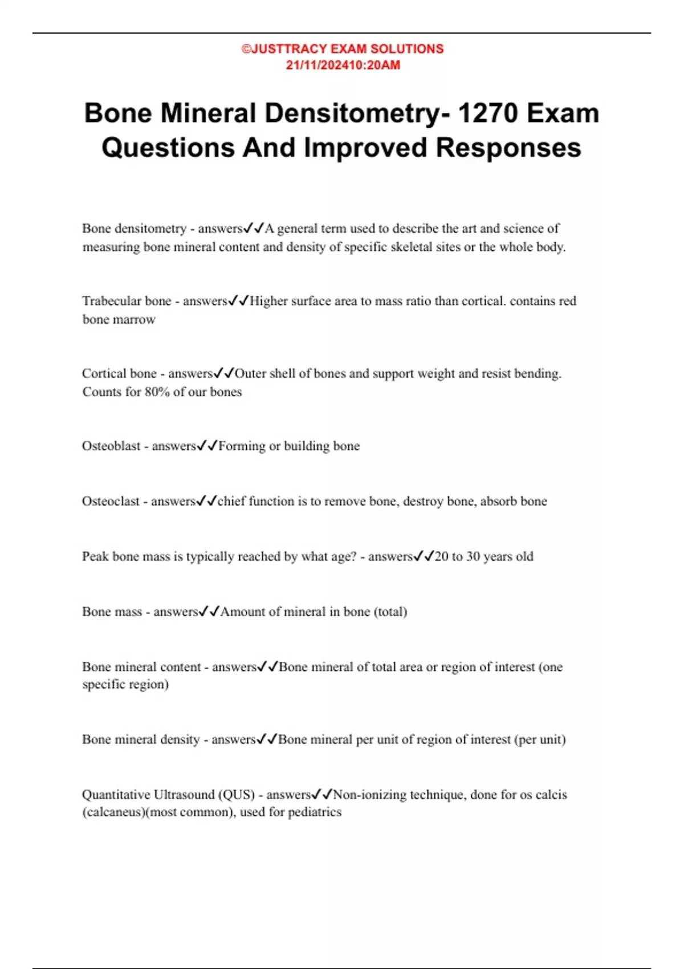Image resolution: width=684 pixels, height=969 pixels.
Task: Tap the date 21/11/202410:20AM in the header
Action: click(x=343, y=65)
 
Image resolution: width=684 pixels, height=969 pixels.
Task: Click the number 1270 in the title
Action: click(x=488, y=113)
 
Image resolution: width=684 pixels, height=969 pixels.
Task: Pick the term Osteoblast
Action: click(x=111, y=446)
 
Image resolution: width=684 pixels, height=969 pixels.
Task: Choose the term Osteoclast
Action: click(x=111, y=502)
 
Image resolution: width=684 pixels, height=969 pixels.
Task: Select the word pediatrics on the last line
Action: click(x=315, y=812)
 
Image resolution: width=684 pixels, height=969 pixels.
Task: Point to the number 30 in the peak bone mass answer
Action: click(x=474, y=557)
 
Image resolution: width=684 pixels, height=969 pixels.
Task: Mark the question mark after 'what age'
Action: click(x=353, y=557)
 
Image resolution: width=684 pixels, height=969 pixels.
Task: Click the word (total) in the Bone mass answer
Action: click(x=390, y=612)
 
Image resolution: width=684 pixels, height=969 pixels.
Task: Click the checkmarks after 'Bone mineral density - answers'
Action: click(x=267, y=740)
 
